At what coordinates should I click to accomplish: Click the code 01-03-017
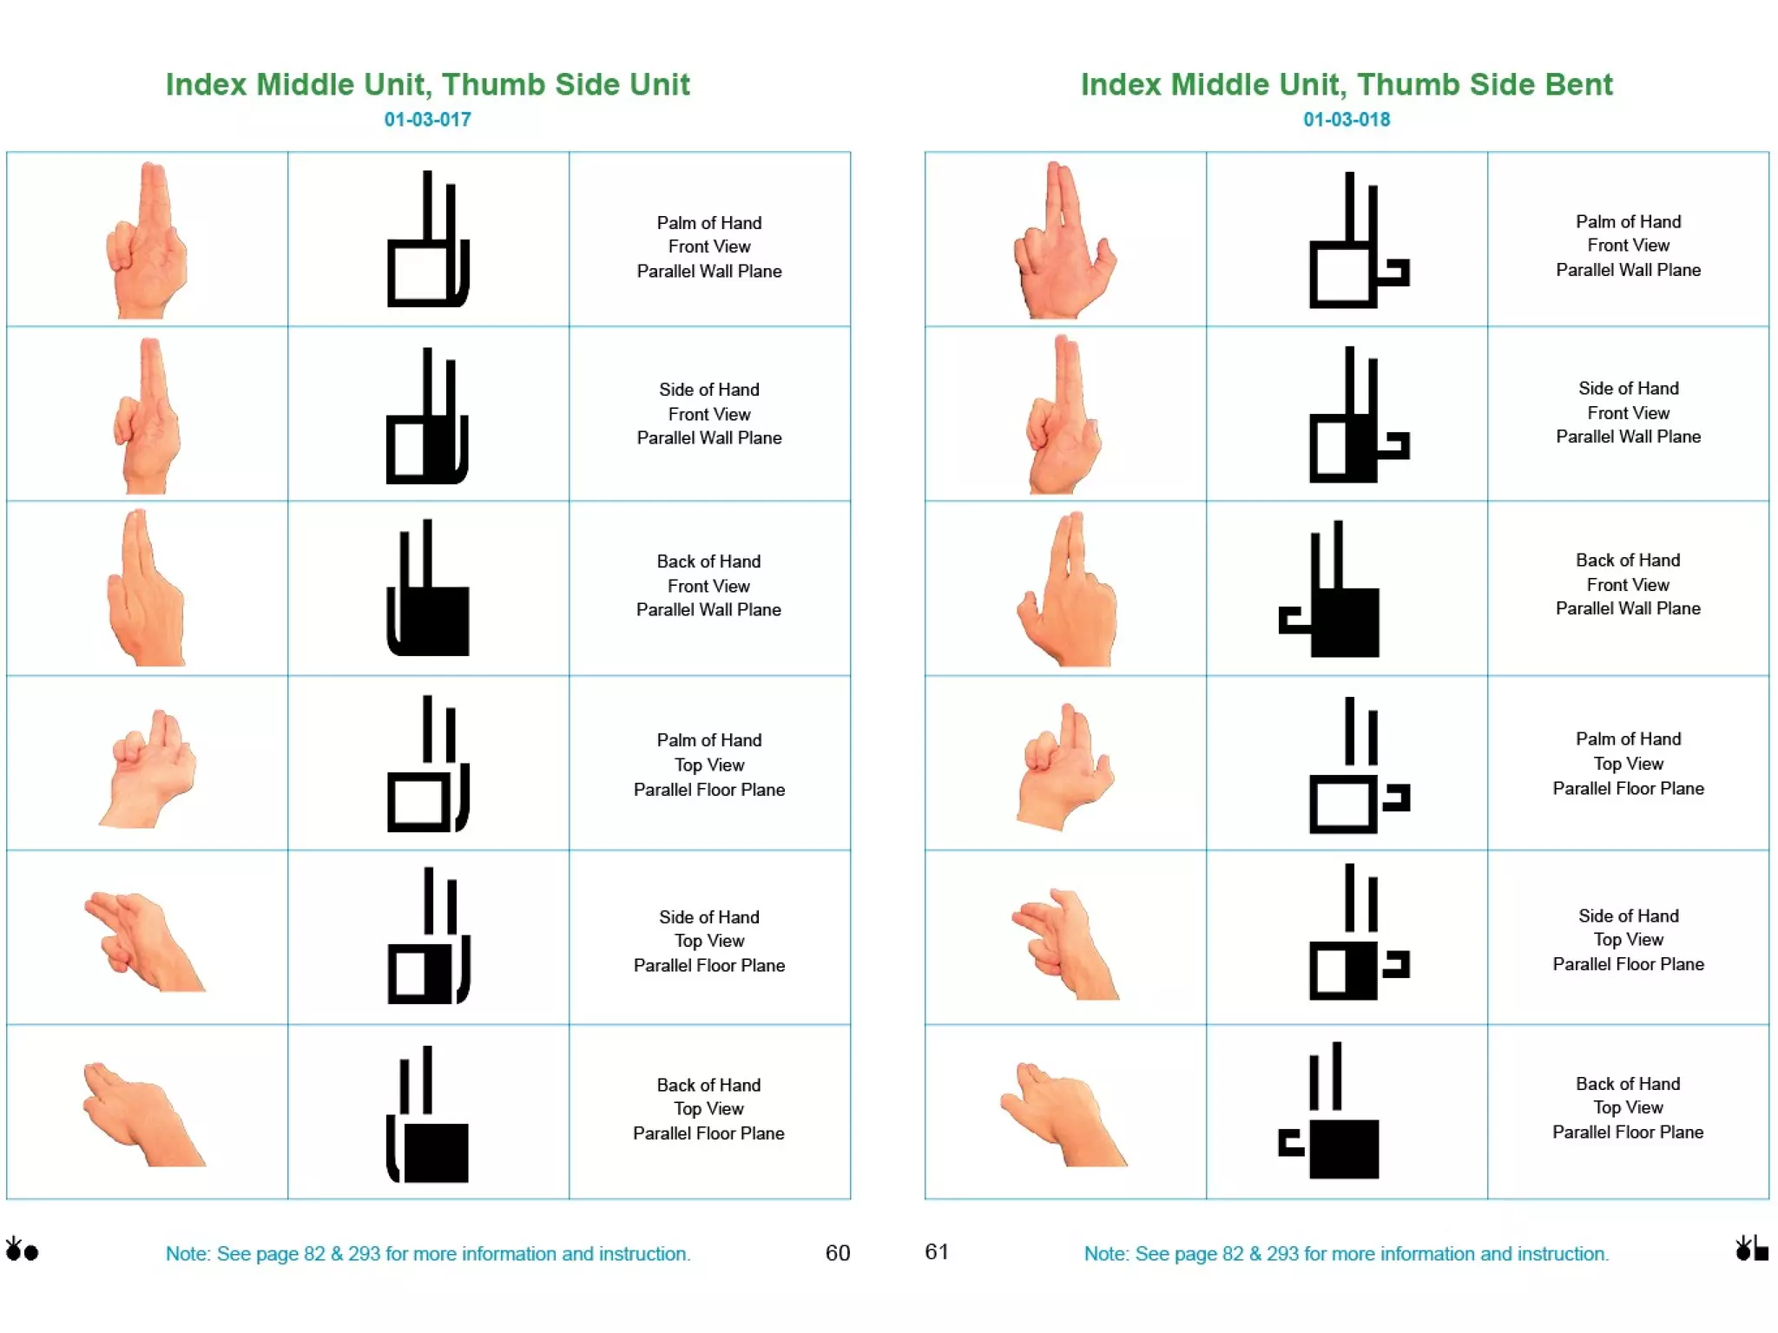tap(427, 120)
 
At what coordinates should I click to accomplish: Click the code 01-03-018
tap(1346, 120)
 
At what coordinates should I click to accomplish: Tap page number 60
tap(837, 1252)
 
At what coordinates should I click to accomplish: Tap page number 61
tap(936, 1251)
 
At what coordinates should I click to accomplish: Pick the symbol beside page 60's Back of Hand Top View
tap(428, 1114)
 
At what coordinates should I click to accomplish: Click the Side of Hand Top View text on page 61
tap(1628, 940)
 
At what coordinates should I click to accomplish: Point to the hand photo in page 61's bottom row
tap(1064, 1114)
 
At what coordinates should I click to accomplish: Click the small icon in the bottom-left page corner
tap(21, 1250)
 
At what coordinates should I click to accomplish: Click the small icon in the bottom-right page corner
tap(1751, 1249)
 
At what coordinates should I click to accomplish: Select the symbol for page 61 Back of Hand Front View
tap(1330, 590)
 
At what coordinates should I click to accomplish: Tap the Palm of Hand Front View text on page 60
tap(708, 246)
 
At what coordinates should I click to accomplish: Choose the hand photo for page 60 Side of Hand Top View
tap(143, 941)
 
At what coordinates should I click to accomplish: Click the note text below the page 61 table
tap(1346, 1253)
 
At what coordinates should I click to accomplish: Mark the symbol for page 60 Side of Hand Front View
tap(428, 417)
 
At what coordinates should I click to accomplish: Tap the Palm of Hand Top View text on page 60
tap(708, 765)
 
